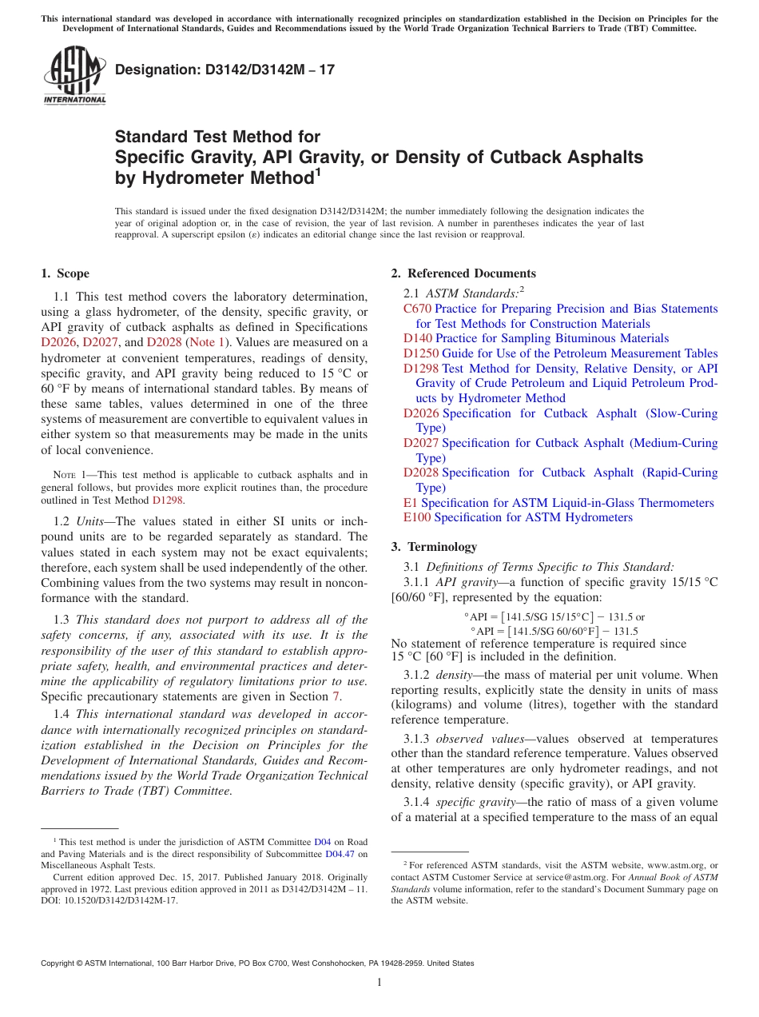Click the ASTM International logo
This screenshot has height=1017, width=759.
pos(74,74)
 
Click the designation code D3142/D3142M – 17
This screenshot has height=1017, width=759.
pos(225,70)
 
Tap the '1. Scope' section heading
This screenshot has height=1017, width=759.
pos(65,273)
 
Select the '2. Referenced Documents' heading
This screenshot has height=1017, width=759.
pos(463,273)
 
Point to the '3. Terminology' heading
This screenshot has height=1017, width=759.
pos(434,547)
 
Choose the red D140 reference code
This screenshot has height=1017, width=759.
pos(417,338)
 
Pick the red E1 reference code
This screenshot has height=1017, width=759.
pos(411,503)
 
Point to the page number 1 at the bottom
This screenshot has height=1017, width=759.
pos(379,982)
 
